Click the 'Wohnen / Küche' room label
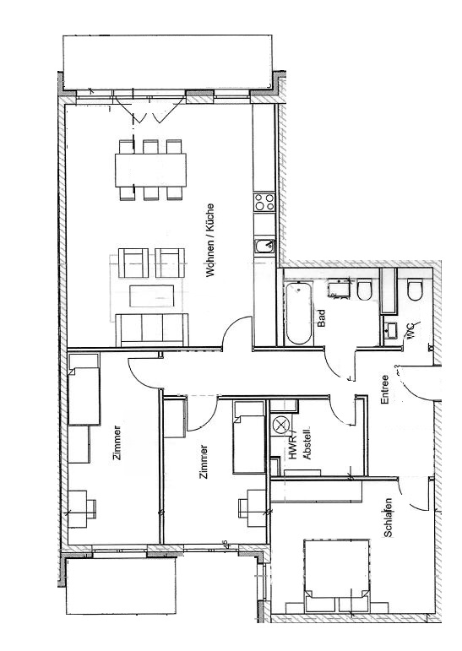tap(210, 240)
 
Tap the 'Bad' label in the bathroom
tap(321, 318)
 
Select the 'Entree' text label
tap(385, 389)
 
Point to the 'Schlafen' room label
tap(388, 518)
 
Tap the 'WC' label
tap(412, 330)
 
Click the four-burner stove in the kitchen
tap(264, 202)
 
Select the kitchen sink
tap(264, 247)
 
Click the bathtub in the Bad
tap(298, 313)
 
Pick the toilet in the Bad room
tap(365, 289)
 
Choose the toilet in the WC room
tap(415, 289)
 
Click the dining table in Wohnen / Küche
tap(151, 170)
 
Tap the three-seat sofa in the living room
tap(152, 329)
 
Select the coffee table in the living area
tap(152, 296)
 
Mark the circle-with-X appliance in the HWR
tap(280, 425)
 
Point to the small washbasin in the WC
tap(390, 330)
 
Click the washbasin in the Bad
tap(340, 289)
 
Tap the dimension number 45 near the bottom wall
tap(225, 545)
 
